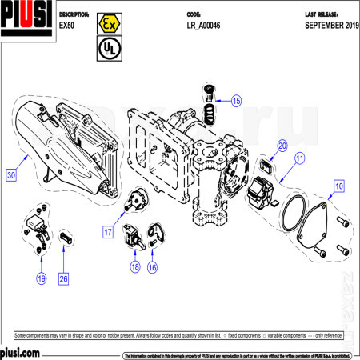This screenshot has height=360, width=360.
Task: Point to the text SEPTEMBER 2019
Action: [x=331, y=25]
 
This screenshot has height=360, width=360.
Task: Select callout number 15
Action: [x=236, y=101]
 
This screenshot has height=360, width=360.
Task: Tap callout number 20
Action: [x=282, y=146]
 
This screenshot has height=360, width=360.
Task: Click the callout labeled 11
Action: [x=298, y=158]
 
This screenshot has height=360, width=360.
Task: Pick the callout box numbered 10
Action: [x=339, y=186]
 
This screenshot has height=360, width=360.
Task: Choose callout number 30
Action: [x=10, y=173]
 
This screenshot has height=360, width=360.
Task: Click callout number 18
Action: [x=134, y=266]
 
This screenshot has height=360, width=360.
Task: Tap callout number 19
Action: [x=40, y=278]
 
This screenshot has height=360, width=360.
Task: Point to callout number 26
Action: [x=63, y=278]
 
